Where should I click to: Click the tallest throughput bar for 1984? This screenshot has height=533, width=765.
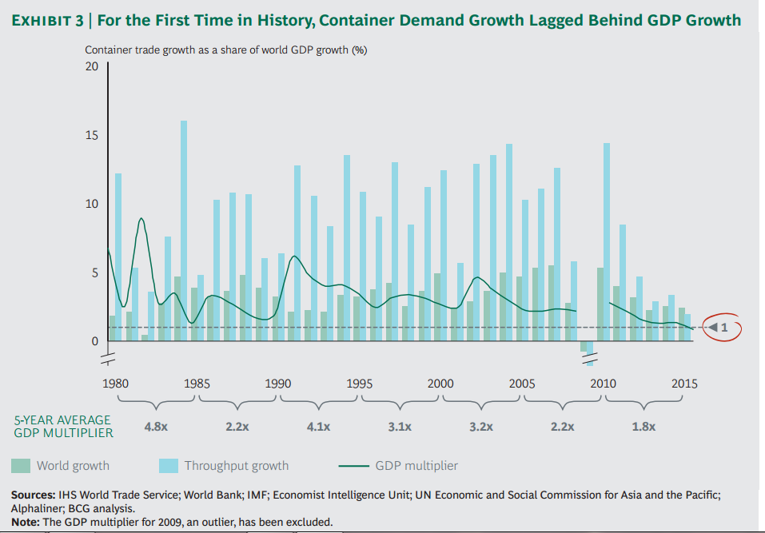point(184,232)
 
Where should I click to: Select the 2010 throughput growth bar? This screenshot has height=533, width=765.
point(606,240)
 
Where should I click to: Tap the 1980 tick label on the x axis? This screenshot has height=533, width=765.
point(117,384)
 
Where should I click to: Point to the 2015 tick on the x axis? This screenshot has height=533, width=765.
point(684,384)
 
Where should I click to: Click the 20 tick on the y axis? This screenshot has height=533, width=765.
point(91,66)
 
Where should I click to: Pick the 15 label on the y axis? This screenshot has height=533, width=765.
point(91,135)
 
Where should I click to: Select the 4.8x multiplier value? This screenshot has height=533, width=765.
point(155,427)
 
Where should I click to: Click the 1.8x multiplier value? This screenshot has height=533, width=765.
point(643,427)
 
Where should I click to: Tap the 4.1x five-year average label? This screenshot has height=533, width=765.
point(318,427)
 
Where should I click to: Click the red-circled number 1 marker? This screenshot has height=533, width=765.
point(722,327)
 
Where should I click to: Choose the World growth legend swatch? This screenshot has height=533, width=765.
point(21,465)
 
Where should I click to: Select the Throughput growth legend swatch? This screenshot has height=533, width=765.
point(169,465)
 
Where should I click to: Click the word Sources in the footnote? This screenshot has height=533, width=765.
point(32,495)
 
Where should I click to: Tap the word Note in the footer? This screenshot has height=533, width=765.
point(25,523)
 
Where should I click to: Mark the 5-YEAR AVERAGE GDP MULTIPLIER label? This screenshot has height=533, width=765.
point(63,426)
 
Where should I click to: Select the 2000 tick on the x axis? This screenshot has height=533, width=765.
point(440,384)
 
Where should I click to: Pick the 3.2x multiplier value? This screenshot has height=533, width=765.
point(481,427)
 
